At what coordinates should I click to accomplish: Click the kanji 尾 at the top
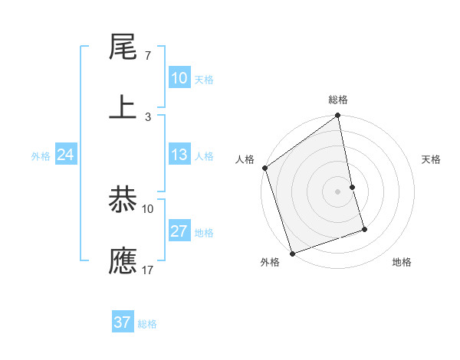(x=123, y=49)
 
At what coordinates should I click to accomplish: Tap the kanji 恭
(x=123, y=201)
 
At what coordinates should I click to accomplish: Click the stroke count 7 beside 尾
(x=147, y=57)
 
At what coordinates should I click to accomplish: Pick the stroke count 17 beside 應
(x=148, y=270)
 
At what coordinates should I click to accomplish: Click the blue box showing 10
(x=179, y=78)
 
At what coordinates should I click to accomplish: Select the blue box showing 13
(x=179, y=155)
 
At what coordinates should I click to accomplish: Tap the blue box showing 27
(x=179, y=231)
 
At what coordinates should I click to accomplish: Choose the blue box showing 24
(x=66, y=155)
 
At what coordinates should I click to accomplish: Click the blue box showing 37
(x=123, y=322)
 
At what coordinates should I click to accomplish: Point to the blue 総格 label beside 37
(x=147, y=324)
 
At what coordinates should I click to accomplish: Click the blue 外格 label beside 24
(x=41, y=156)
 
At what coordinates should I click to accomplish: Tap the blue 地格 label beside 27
(x=204, y=233)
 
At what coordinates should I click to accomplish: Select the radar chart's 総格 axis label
(x=338, y=100)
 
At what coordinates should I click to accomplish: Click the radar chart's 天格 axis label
(x=431, y=159)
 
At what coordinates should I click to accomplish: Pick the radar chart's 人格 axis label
(x=245, y=159)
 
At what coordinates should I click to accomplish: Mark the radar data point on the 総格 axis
(x=338, y=116)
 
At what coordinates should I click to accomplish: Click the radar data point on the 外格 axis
(x=291, y=253)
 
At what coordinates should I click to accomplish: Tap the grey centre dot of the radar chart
(x=338, y=191)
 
